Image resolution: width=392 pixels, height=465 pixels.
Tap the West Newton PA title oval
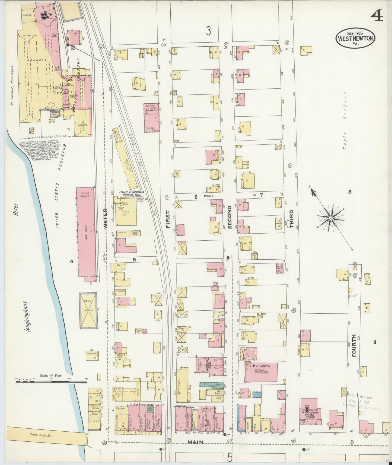pos(356,39)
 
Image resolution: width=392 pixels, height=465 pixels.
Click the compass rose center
pos(331,218)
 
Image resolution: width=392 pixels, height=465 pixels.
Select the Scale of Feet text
pos(51,376)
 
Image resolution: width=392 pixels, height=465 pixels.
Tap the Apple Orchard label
pos(344,121)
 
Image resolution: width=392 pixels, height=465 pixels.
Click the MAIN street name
pos(195,442)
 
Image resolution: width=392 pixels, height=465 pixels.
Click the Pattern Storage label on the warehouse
pos(84,194)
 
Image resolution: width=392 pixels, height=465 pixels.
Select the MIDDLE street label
pos(209,196)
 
